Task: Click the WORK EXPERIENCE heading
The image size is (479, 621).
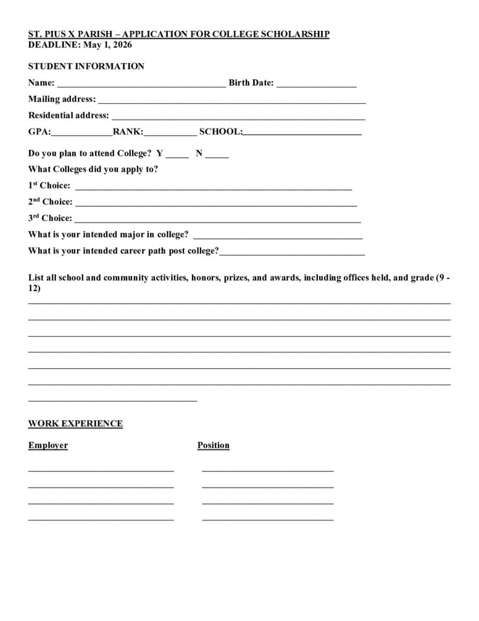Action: click(x=75, y=423)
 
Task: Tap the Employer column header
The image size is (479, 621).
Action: click(x=48, y=446)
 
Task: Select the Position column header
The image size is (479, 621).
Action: click(x=213, y=446)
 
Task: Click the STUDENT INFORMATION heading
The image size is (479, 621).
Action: click(x=86, y=66)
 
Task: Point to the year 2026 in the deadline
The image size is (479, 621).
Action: click(x=121, y=45)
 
